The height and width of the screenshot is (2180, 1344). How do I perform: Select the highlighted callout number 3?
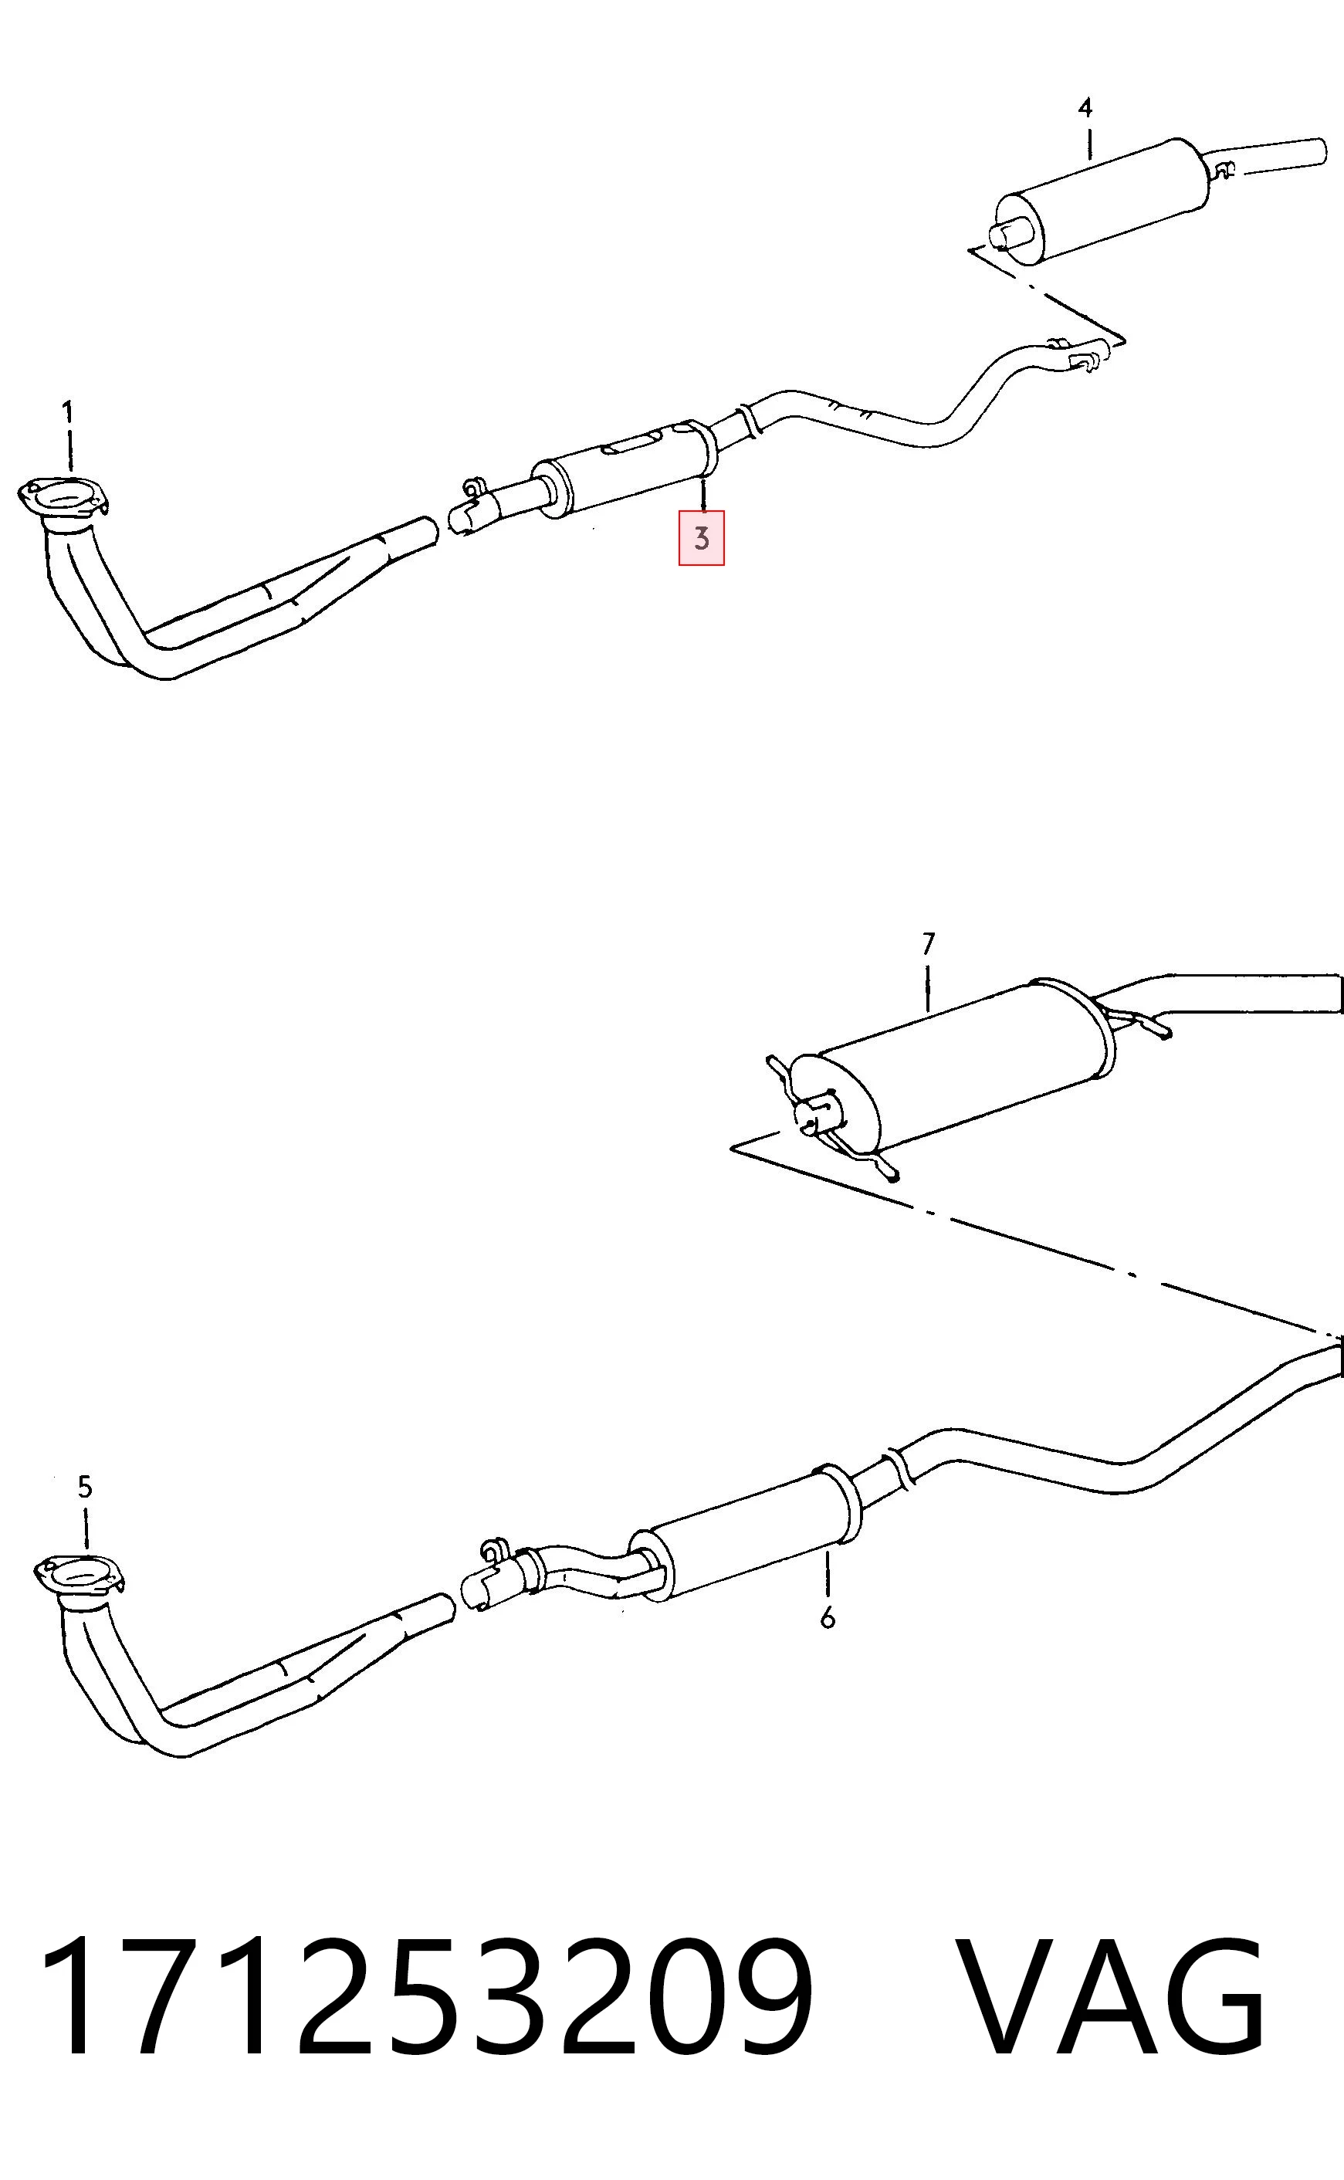click(x=701, y=538)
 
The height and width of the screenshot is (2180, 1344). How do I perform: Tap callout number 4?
click(x=1085, y=108)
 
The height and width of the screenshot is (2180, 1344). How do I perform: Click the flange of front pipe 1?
click(x=63, y=498)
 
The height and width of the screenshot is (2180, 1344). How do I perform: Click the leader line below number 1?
click(x=69, y=451)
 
